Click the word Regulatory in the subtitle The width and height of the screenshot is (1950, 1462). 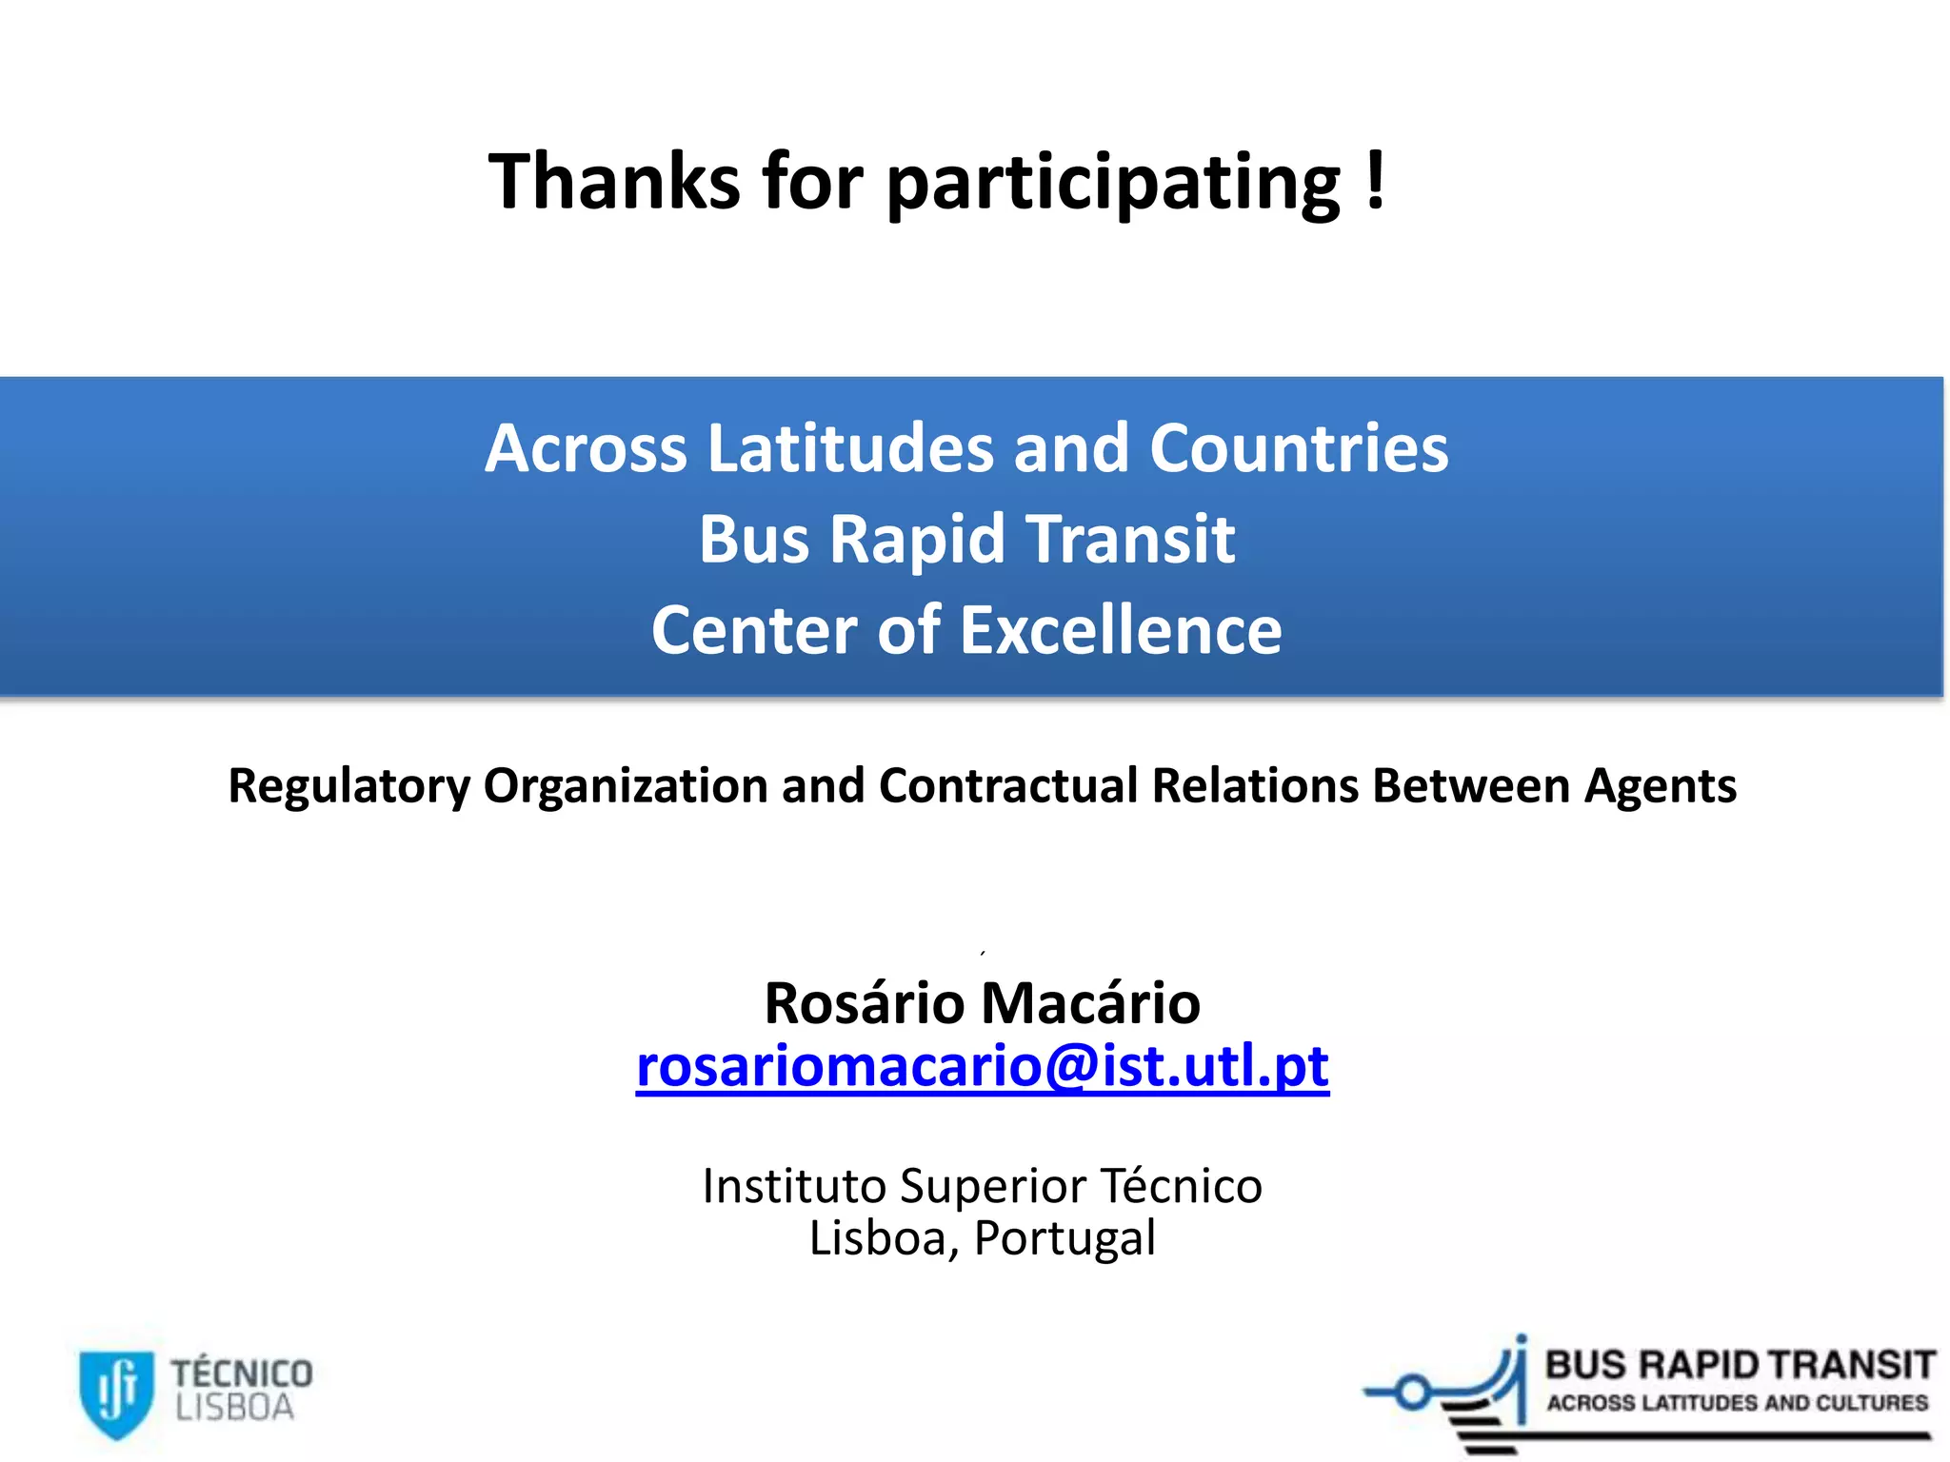point(348,787)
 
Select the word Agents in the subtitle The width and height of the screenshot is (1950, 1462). point(1661,787)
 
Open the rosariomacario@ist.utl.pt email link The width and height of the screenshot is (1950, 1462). point(982,1066)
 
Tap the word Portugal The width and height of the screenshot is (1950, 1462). point(1065,1239)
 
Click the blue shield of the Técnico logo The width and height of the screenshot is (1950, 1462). point(116,1393)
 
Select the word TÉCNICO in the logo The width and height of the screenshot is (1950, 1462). point(242,1373)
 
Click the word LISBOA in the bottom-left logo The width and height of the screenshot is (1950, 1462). point(234,1408)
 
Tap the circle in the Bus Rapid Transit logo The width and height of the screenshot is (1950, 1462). point(1413,1393)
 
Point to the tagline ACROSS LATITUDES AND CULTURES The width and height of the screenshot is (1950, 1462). point(1738,1403)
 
